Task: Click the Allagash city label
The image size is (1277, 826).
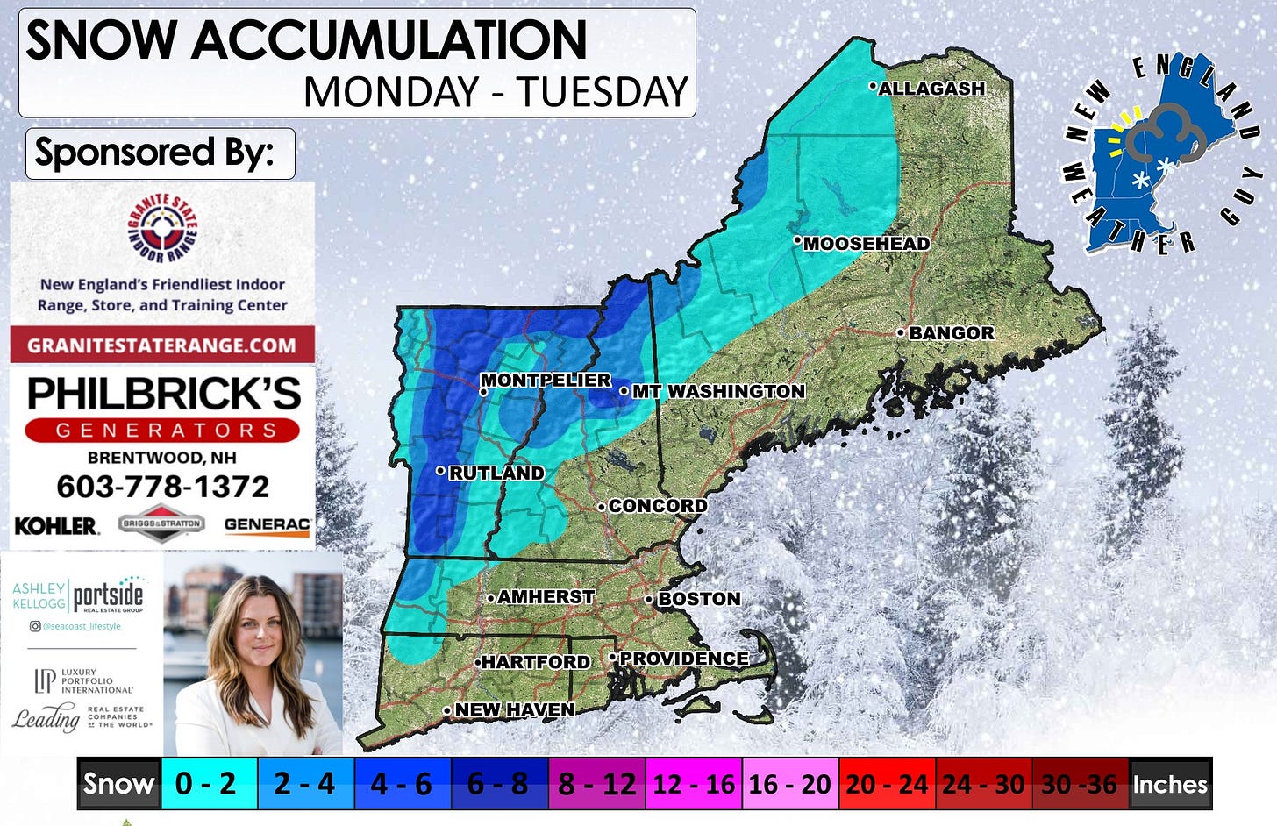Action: coord(931,89)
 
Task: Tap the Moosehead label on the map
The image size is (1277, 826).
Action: coord(866,244)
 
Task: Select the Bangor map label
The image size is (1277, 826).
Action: coord(951,333)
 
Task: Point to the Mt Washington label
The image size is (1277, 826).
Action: coord(717,391)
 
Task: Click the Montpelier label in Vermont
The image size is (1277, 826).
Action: coord(545,380)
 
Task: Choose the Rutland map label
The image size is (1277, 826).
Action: coord(496,473)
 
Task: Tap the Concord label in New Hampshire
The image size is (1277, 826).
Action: coord(657,506)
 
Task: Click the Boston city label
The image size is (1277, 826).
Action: coord(698,599)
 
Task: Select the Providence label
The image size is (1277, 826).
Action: coord(683,659)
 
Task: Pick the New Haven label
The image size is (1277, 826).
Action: coord(514,709)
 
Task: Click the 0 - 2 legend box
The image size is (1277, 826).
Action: coord(206,783)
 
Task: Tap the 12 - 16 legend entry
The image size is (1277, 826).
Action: coord(694,783)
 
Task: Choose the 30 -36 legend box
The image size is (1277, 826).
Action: coord(1080,783)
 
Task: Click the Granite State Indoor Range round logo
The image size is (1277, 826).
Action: coord(162,229)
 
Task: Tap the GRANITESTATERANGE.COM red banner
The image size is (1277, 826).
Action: coord(162,345)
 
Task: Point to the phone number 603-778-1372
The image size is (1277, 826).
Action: coord(162,487)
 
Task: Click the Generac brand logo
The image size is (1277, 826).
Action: coord(267,524)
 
